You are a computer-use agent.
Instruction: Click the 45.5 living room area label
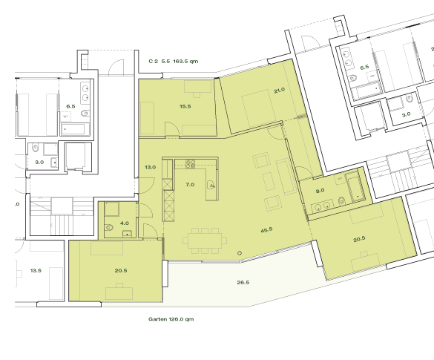[x=266, y=229]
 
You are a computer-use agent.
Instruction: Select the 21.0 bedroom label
[x=279, y=90]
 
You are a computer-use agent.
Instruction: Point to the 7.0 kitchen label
[x=190, y=183]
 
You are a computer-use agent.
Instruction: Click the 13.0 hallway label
[x=150, y=167]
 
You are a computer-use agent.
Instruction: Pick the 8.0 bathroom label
[x=320, y=190]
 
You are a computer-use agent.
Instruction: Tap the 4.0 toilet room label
[x=125, y=223]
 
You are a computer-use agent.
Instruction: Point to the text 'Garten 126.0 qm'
[x=171, y=319]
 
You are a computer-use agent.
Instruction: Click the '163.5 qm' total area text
[x=188, y=62]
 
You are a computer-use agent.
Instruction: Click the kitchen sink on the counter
[x=211, y=184]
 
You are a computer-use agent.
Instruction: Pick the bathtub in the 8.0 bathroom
[x=355, y=188]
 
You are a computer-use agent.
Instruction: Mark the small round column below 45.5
[x=240, y=254]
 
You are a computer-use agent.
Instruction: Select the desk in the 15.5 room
[x=198, y=86]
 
